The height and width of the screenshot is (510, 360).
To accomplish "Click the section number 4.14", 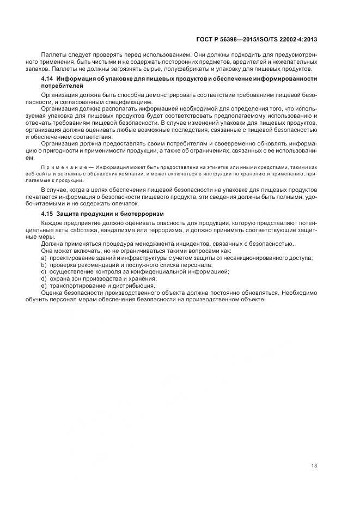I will click(48, 80).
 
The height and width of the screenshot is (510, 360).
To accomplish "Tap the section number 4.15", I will click(48, 214).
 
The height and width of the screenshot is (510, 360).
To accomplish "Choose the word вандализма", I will click(114, 230).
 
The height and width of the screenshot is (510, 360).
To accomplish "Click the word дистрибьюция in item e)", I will click(133, 286).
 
